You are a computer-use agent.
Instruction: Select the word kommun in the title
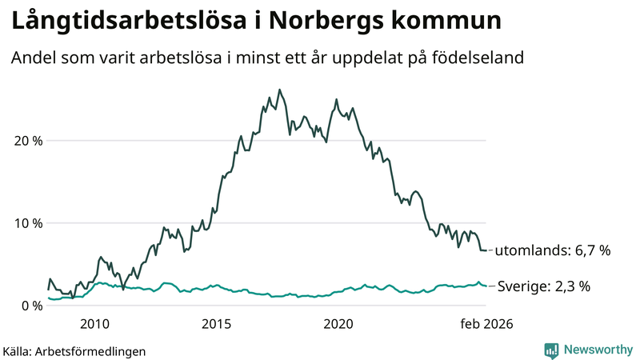tap(454, 22)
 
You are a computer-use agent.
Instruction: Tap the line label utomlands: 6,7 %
tap(553, 250)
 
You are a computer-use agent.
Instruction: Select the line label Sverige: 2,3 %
tap(544, 286)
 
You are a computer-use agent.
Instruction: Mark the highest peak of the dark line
tap(279, 90)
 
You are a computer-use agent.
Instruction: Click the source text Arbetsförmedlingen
tap(90, 351)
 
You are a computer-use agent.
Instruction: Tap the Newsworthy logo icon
tap(551, 350)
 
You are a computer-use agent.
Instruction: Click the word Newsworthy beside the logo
tap(597, 350)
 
